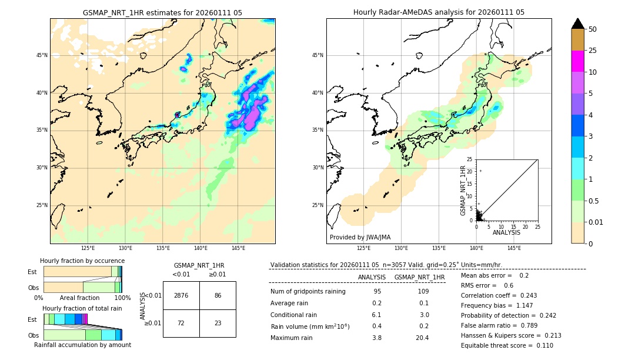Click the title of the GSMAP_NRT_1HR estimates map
162,12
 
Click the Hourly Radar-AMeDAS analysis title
439,12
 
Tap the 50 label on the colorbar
593,29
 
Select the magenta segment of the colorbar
577,61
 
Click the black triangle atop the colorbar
577,24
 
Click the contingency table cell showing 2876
181,295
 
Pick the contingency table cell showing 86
218,295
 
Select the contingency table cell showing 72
181,324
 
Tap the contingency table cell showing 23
218,324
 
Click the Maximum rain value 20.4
422,338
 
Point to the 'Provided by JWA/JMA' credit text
360,237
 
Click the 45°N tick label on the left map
42,55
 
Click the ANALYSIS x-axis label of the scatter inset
506,232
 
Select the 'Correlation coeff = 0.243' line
499,295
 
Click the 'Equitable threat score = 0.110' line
507,345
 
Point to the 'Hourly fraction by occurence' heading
82,261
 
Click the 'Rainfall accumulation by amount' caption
82,345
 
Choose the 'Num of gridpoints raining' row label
308,291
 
